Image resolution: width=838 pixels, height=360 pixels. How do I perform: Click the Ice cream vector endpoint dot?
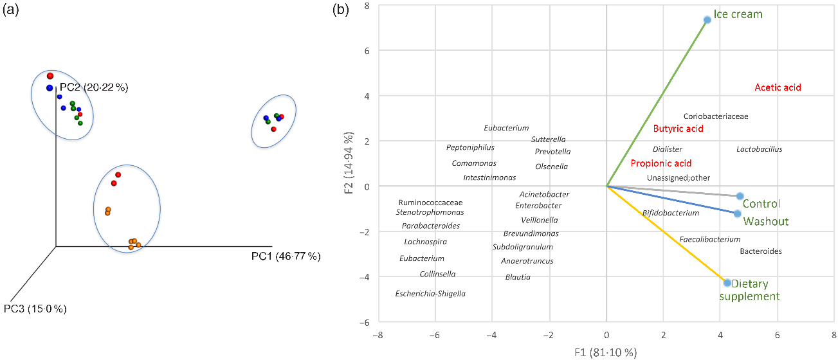pos(707,20)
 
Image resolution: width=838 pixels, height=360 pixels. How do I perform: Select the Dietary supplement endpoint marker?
pos(727,283)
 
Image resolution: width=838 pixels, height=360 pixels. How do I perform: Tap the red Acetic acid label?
pos(778,87)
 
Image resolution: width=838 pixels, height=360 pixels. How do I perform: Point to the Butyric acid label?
pos(678,129)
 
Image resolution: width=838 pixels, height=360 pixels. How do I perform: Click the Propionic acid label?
pos(660,163)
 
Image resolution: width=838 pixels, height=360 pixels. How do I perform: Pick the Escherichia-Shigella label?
pos(430,294)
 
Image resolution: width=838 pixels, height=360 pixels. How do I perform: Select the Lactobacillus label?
pos(759,150)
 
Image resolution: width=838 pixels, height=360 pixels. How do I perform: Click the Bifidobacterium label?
pos(670,213)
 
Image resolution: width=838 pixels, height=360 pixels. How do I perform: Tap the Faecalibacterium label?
pos(709,239)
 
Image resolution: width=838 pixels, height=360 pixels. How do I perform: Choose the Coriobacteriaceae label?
pos(715,116)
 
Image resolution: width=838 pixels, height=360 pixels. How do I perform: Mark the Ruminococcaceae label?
pos(430,202)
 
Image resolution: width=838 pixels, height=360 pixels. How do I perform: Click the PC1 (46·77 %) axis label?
pos(286,256)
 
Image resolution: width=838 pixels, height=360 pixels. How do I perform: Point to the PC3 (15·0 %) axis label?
pos(35,309)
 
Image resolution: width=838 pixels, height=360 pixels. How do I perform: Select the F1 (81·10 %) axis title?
pos(606,352)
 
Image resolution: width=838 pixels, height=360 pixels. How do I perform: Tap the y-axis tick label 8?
pos(365,6)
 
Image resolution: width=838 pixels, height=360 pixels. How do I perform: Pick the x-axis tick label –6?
pos(433,335)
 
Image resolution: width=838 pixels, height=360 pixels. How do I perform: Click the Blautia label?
pos(518,277)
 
